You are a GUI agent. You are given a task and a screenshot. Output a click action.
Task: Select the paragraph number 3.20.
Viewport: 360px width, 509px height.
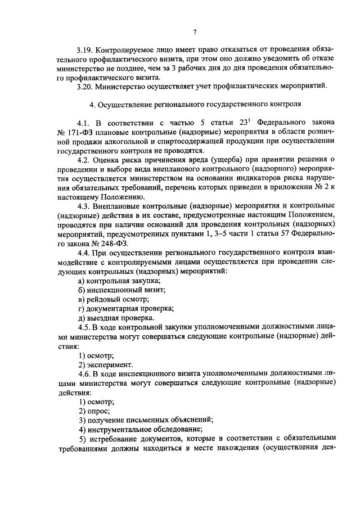(87, 87)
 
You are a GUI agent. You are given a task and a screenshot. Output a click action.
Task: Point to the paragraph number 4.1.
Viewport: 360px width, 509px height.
(84, 123)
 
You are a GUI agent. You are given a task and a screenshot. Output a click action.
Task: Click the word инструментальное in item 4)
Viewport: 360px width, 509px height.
(120, 429)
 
